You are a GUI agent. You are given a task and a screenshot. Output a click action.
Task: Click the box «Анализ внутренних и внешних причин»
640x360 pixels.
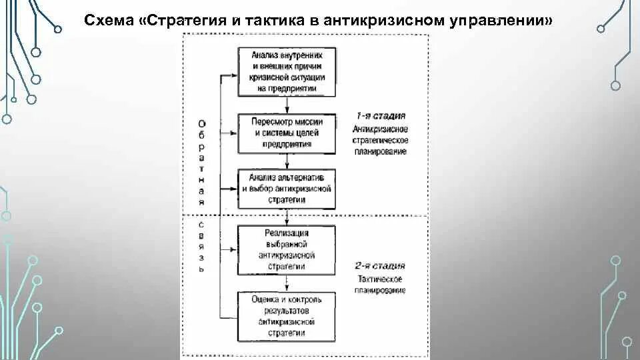click(287, 72)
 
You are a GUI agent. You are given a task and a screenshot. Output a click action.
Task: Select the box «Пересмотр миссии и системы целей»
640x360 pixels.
click(287, 133)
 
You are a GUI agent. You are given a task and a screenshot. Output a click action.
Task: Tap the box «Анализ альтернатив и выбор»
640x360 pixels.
click(287, 188)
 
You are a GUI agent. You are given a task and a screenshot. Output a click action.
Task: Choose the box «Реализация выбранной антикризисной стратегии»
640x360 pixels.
click(287, 249)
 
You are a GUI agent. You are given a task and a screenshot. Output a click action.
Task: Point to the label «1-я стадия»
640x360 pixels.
click(381, 116)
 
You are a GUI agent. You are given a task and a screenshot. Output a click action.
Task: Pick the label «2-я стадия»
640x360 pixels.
click(381, 266)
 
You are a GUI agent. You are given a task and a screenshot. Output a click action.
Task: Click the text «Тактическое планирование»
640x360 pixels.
click(381, 285)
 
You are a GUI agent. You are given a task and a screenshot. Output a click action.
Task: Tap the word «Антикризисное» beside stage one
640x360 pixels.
click(381, 129)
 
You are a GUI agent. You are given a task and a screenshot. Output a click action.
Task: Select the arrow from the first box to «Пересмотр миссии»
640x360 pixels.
click(287, 105)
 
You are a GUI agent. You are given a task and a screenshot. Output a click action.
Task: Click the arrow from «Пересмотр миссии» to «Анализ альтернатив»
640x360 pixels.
click(287, 161)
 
